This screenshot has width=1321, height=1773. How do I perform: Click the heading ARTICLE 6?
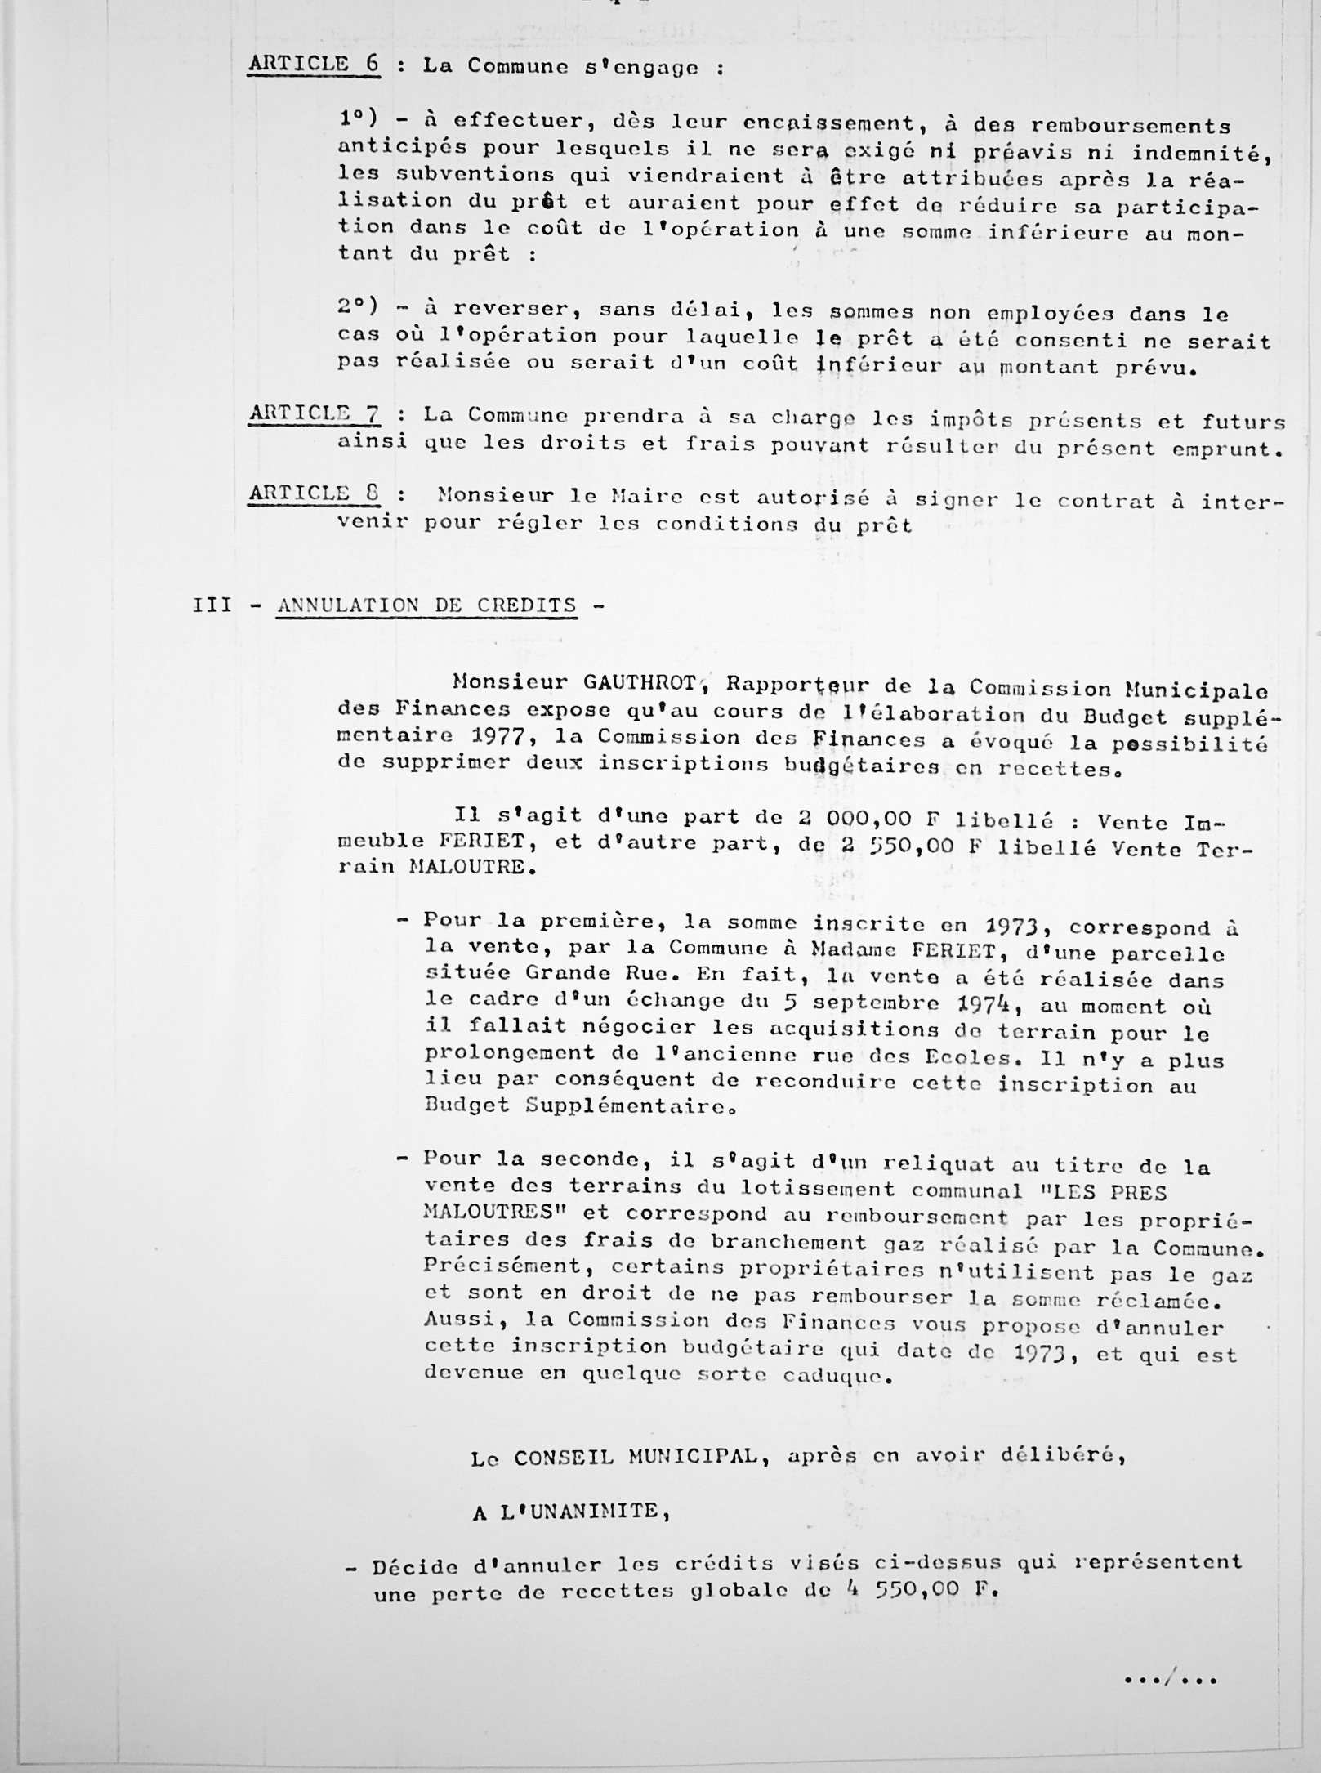(x=314, y=65)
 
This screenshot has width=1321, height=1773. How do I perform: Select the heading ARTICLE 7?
(x=315, y=414)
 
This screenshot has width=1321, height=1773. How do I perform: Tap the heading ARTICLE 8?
(x=315, y=493)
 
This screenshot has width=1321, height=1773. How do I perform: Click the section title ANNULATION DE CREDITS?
(x=426, y=605)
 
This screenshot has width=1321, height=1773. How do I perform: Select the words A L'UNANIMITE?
(x=570, y=1512)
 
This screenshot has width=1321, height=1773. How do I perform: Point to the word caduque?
(x=819, y=1376)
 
